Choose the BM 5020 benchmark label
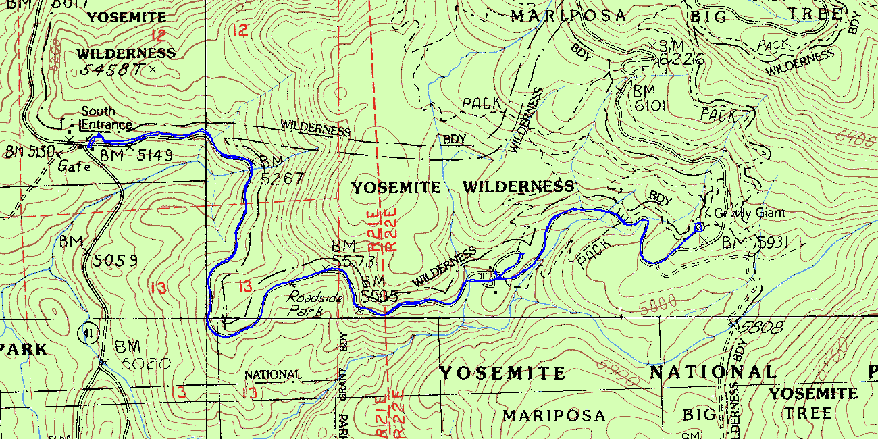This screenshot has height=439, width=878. pyautogui.click(x=142, y=355)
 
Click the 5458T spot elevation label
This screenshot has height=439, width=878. pyautogui.click(x=112, y=70)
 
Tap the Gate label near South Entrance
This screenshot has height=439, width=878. pyautogui.click(x=74, y=165)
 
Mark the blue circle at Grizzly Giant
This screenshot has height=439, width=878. pyautogui.click(x=699, y=227)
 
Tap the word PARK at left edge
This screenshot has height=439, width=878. pyautogui.click(x=24, y=349)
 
